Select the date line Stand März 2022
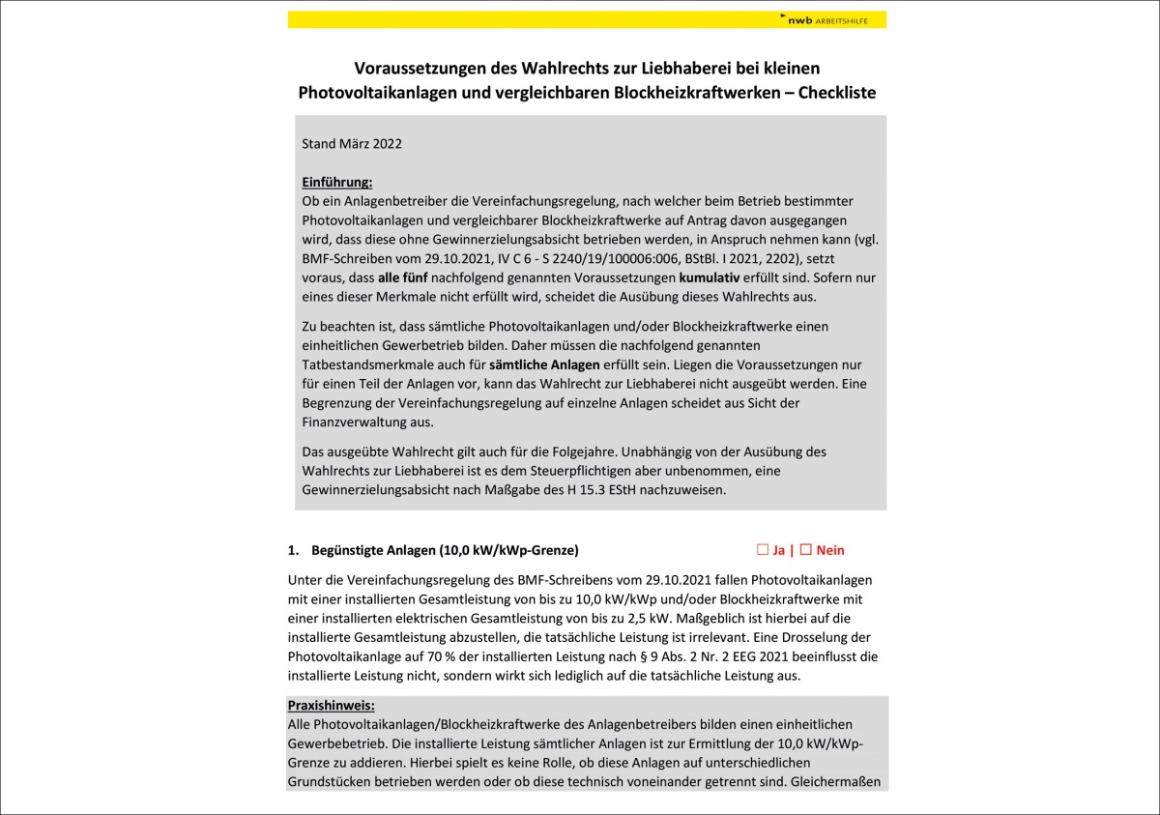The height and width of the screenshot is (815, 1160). (x=352, y=144)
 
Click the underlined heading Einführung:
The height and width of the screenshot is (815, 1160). (x=336, y=182)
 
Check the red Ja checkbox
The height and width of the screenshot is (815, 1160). (x=763, y=550)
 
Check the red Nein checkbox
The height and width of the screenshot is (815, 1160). (x=805, y=550)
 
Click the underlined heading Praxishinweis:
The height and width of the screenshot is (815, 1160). (x=331, y=706)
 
